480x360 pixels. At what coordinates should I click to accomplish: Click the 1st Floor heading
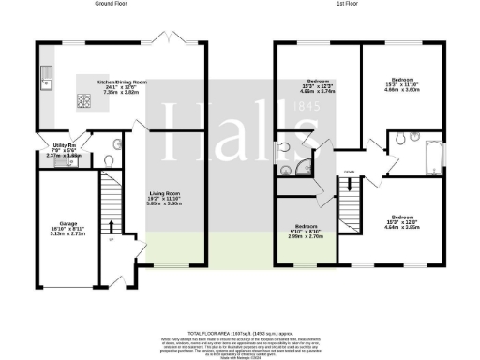(x=351, y=5)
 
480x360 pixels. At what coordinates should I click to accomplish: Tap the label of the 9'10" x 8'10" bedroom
(x=306, y=232)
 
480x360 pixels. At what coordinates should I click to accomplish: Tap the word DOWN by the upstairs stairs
(x=349, y=172)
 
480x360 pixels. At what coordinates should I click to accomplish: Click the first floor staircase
(x=352, y=197)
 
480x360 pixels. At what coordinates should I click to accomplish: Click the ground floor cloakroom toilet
(x=107, y=160)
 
